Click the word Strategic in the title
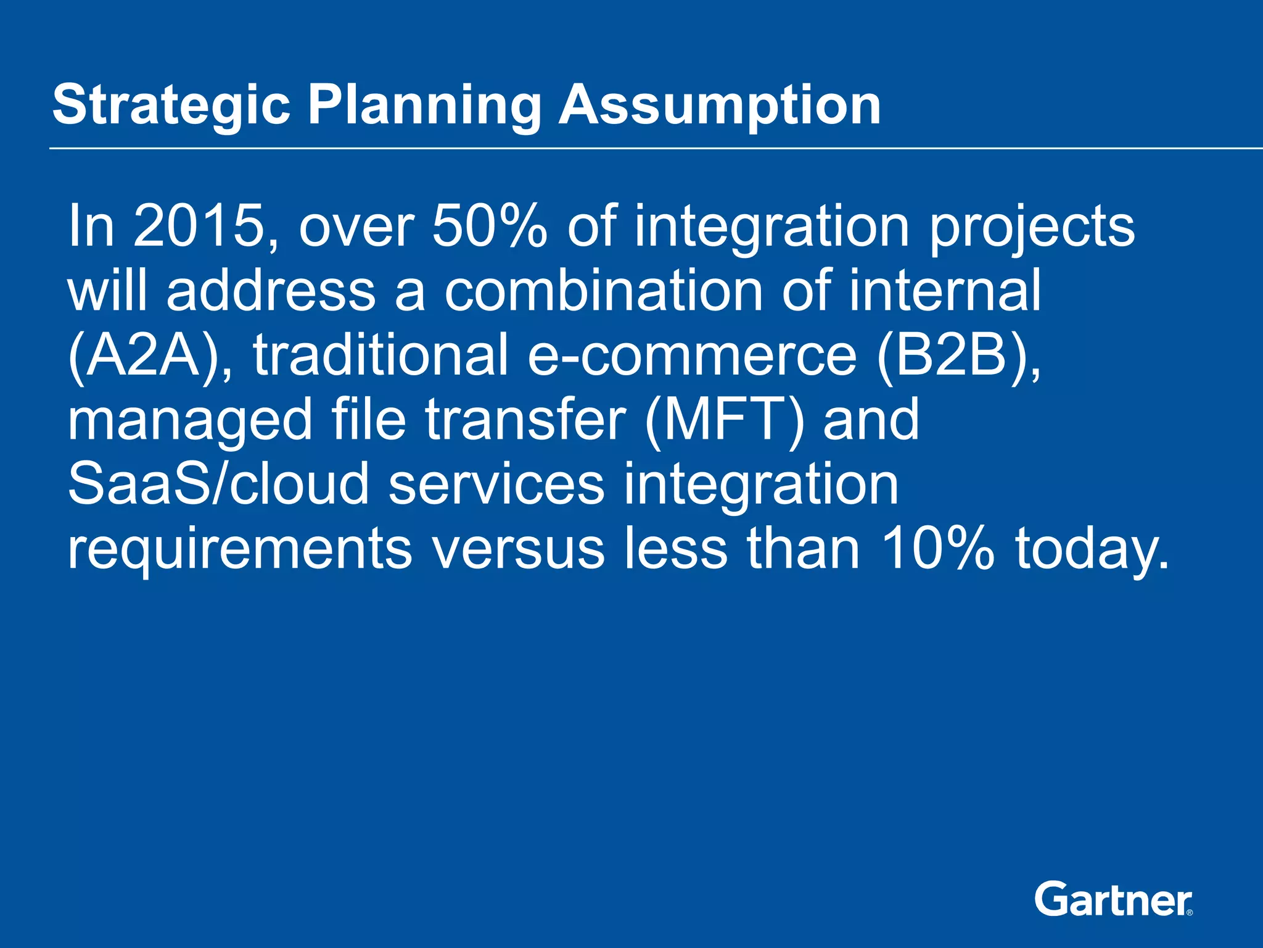tap(171, 106)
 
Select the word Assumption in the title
tap(719, 106)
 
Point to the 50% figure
tap(489, 227)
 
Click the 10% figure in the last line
tap(937, 548)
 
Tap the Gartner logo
tap(1113, 899)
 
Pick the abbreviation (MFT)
tap(724, 420)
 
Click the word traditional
tap(381, 355)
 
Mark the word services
tap(496, 484)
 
